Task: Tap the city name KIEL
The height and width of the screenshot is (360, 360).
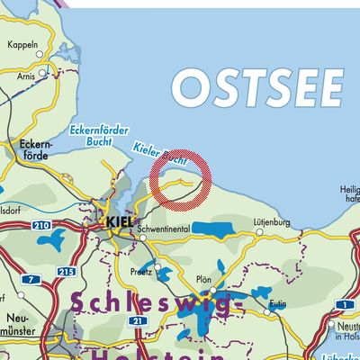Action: tap(119, 219)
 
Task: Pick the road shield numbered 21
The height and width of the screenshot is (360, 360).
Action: tap(136, 320)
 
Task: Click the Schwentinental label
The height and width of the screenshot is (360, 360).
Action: tap(166, 229)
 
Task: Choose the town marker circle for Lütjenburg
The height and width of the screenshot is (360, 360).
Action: tap(259, 230)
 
